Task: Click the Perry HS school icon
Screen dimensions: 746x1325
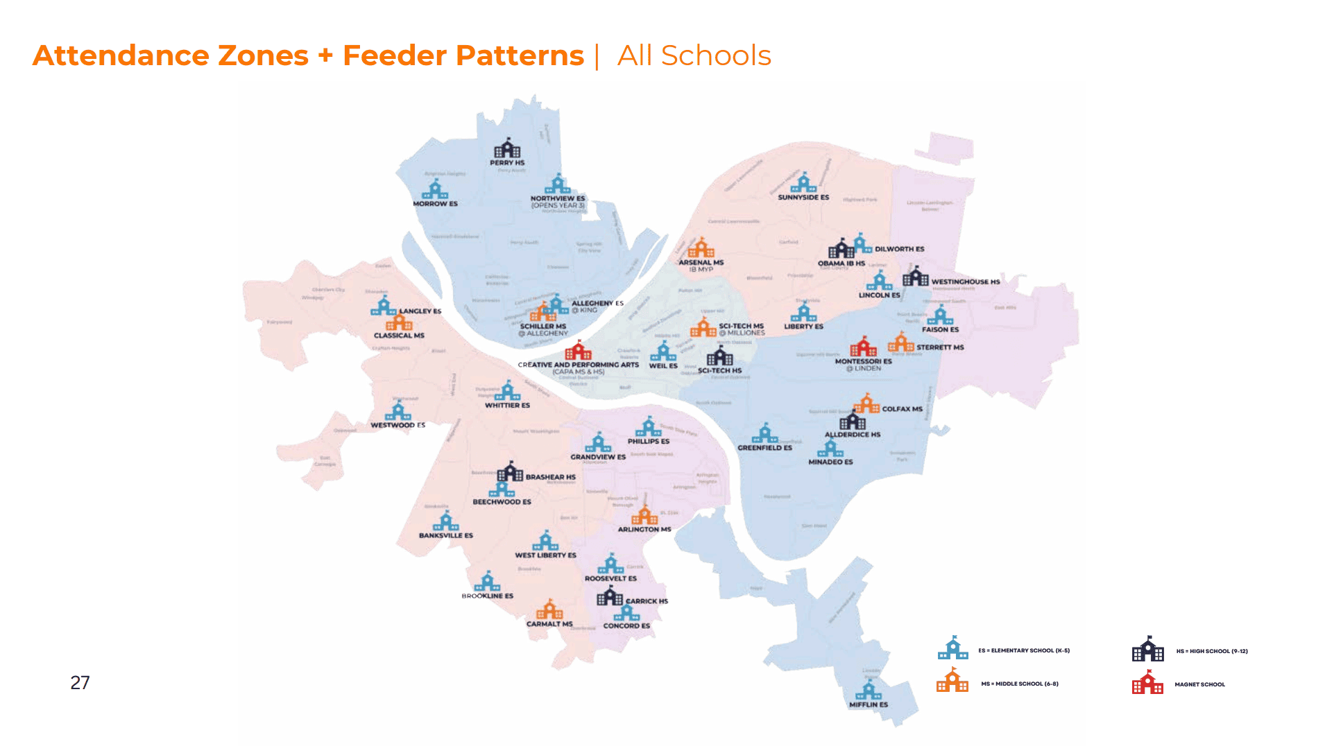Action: tap(507, 148)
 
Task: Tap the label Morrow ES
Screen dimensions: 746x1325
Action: tap(435, 204)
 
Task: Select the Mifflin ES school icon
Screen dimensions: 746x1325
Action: tap(868, 691)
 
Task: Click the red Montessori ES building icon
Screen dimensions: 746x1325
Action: tap(864, 347)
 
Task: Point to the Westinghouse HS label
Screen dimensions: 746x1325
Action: tap(965, 282)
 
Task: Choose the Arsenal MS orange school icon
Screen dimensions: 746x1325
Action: tap(701, 248)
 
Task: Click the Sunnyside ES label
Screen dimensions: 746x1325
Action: tap(803, 198)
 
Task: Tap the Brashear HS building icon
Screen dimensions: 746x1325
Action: tap(510, 472)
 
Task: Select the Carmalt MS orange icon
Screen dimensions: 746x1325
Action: tap(549, 609)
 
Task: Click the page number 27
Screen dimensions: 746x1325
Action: tap(80, 683)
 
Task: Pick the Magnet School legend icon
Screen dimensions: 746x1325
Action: tap(1147, 683)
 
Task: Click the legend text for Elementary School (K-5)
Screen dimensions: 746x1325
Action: tap(1024, 651)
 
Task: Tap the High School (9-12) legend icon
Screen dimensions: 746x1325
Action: tap(1147, 650)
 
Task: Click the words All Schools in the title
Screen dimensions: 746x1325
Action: tap(694, 55)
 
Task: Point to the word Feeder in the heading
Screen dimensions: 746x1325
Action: tap(394, 55)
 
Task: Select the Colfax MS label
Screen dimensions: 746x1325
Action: tap(902, 409)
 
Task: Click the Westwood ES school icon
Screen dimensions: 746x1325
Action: tap(398, 411)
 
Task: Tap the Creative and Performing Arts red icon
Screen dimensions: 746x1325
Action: tap(577, 351)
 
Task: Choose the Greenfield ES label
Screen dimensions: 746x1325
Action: tap(764, 448)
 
